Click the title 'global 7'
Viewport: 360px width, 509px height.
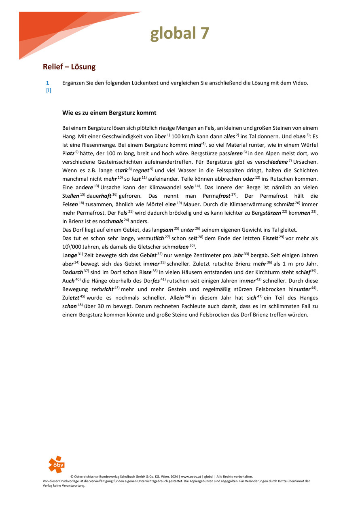click(x=180, y=34)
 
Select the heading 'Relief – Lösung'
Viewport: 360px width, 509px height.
click(x=69, y=66)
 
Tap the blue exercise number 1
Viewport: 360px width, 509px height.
click(x=48, y=83)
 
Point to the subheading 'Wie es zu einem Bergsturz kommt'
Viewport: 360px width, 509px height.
click(x=109, y=112)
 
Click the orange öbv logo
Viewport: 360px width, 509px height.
click(x=56, y=465)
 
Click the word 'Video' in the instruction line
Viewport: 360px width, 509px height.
click(x=300, y=83)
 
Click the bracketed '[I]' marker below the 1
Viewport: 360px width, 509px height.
click(x=48, y=90)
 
